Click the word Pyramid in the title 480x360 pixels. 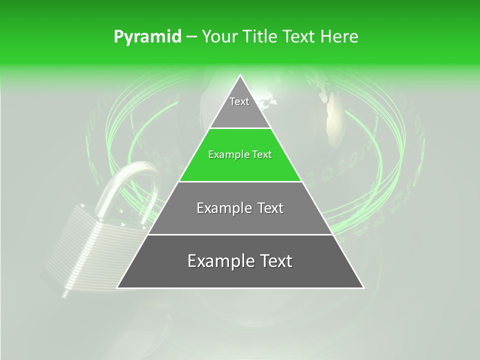(147, 37)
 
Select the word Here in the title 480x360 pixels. (339, 37)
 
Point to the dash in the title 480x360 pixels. (191, 37)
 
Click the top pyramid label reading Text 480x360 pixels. (239, 102)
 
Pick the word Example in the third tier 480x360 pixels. (223, 208)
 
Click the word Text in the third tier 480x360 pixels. (270, 208)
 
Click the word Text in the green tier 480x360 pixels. (261, 155)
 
